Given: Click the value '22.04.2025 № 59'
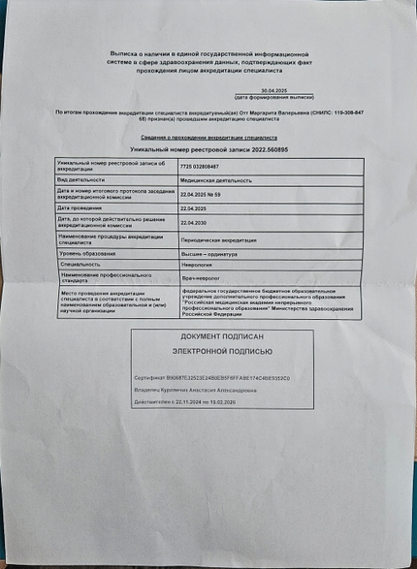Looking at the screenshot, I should (202, 195).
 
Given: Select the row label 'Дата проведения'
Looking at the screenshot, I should (80, 208).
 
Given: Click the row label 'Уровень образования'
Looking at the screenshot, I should (86, 253).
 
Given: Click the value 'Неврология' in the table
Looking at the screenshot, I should (197, 264).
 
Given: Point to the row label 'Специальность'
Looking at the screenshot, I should (86, 264).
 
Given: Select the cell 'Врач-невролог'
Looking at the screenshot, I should (201, 278).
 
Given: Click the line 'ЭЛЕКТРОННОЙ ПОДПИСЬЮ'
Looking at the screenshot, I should (222, 352).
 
